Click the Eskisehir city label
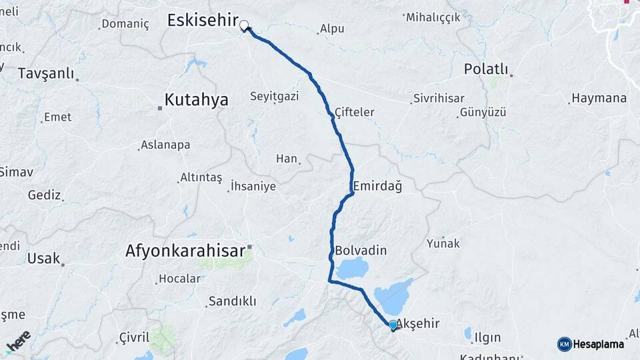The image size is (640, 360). pyautogui.click(x=202, y=21)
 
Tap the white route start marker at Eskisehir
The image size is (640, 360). pyautogui.click(x=244, y=26)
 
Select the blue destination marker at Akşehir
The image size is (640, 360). pyautogui.click(x=393, y=325)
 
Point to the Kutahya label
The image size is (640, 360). pyautogui.click(x=196, y=100)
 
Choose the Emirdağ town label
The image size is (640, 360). pyautogui.click(x=377, y=187)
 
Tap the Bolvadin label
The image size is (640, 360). pyautogui.click(x=361, y=251)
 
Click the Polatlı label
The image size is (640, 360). pyautogui.click(x=486, y=70)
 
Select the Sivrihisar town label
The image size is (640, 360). pyautogui.click(x=439, y=98)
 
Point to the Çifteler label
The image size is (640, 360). pyautogui.click(x=355, y=112)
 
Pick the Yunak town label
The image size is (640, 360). pyautogui.click(x=443, y=243)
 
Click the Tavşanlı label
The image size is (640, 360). pyautogui.click(x=46, y=73)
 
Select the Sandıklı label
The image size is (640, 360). pyautogui.click(x=232, y=301)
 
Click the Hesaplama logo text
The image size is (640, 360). pyautogui.click(x=598, y=344)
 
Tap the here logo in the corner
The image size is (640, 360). pyautogui.click(x=19, y=341)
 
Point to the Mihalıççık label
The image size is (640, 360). pyautogui.click(x=433, y=17)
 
